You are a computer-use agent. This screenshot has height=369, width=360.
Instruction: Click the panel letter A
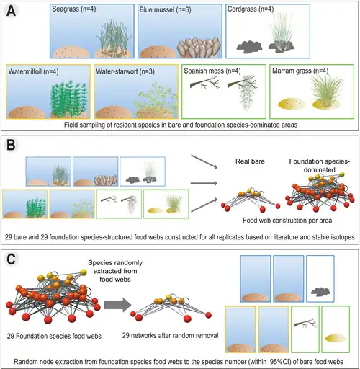click(x=12, y=11)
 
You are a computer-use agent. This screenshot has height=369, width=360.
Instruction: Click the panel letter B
click(x=11, y=145)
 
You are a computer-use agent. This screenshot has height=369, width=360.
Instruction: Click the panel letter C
click(x=12, y=259)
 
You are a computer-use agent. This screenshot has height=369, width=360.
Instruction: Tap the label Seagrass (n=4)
click(x=74, y=9)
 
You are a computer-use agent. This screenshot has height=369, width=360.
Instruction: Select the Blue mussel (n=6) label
click(x=166, y=10)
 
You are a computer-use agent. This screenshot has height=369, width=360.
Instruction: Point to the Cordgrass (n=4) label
click(x=251, y=9)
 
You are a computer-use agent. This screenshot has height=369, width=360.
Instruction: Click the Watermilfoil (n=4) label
click(x=33, y=71)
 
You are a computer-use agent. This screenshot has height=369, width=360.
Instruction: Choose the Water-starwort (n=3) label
click(x=125, y=71)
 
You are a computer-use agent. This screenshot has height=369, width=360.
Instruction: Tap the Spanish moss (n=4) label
click(x=212, y=71)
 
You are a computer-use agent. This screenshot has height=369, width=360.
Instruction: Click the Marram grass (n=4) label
click(x=300, y=71)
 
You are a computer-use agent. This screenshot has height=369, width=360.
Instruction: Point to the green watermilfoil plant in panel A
click(x=68, y=99)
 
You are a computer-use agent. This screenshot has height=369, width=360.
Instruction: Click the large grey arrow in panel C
click(x=117, y=305)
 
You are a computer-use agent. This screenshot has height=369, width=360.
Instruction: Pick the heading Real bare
click(x=250, y=161)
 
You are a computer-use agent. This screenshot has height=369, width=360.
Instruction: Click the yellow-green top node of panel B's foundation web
click(x=342, y=174)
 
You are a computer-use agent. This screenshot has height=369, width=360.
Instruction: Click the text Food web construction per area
click(x=287, y=221)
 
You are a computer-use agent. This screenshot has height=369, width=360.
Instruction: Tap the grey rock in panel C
click(x=320, y=291)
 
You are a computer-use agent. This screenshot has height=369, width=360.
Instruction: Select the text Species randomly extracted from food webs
click(x=115, y=271)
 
